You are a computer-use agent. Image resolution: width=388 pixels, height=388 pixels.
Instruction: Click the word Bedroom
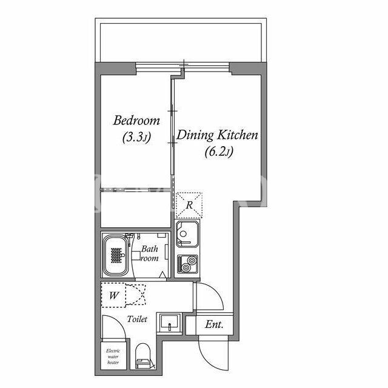tap(136, 121)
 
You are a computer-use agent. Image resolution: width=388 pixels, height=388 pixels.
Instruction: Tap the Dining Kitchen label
tap(217, 135)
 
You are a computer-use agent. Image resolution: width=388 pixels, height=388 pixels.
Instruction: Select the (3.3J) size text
tap(136, 138)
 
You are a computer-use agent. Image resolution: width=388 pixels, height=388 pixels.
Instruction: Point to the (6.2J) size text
tap(219, 152)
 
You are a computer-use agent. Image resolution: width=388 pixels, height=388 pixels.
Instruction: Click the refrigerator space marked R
tap(189, 205)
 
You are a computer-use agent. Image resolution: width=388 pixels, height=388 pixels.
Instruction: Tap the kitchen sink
tap(187, 234)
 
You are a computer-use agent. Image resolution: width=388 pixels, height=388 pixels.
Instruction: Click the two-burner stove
tap(187, 264)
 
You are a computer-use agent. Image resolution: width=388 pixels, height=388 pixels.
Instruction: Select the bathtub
tap(116, 255)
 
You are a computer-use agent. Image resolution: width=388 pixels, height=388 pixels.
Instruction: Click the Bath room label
tap(150, 253)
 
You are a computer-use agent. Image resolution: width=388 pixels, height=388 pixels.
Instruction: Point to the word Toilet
tap(137, 319)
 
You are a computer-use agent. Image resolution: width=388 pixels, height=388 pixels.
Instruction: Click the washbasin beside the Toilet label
tap(169, 323)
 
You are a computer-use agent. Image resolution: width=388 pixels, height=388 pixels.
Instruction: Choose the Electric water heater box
tap(113, 356)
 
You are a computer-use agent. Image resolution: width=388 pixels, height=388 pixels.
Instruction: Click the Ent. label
tap(214, 324)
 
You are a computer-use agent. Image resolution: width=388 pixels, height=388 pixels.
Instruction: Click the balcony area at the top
tap(181, 42)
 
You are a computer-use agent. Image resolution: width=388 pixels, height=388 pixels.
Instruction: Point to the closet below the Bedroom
tap(136, 209)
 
